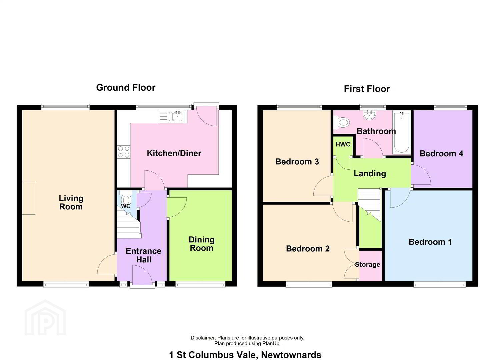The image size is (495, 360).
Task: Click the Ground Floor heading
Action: tap(126, 88)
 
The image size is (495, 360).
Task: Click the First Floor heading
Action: tap(367, 89)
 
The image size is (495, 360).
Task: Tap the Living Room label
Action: tap(71, 202)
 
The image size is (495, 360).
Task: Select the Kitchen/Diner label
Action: tap(174, 153)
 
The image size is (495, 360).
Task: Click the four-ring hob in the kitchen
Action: tap(124, 152)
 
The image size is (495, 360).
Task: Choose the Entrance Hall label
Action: tap(144, 255)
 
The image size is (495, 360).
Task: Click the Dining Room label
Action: tap(202, 244)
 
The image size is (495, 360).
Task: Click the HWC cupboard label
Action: tap(343, 145)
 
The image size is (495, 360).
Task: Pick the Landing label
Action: tap(370, 174)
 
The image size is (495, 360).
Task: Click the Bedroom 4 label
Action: tap(442, 154)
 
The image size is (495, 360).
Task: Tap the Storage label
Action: tap(368, 265)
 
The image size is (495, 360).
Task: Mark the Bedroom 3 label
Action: tap(297, 162)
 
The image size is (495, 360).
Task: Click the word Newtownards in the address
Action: tap(291, 349)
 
